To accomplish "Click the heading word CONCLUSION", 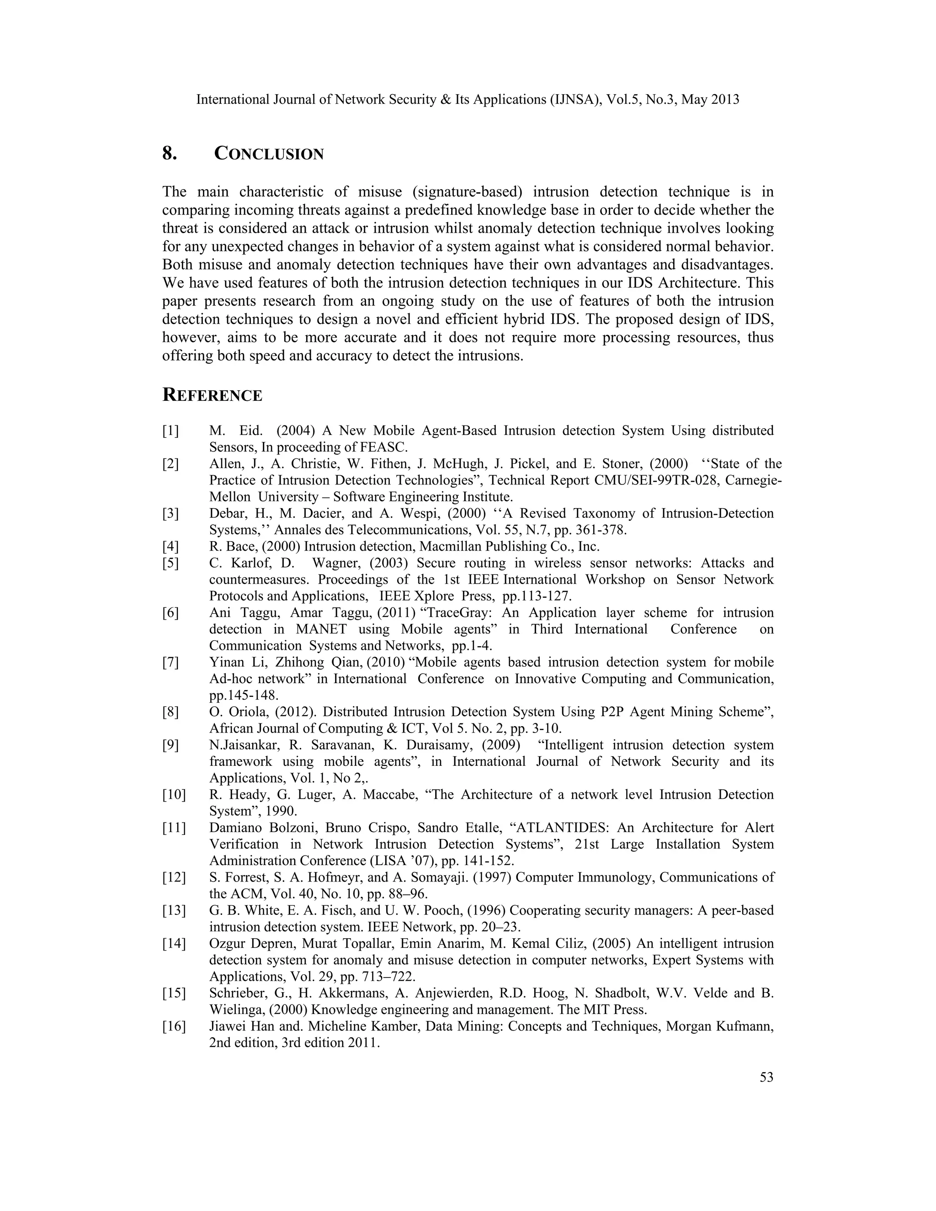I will click(x=269, y=154).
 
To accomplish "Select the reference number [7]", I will click(x=171, y=663).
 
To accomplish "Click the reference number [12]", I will click(x=174, y=878).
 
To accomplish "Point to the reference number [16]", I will click(x=174, y=1026).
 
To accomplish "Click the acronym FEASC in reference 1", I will click(x=383, y=447).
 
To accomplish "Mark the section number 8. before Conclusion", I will click(x=169, y=154).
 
